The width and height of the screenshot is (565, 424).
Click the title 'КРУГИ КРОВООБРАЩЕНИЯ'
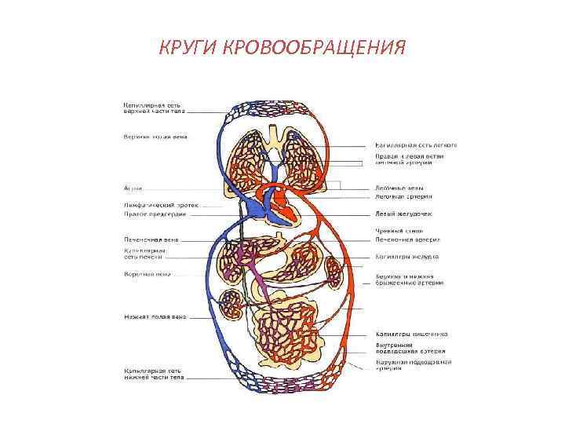(282, 49)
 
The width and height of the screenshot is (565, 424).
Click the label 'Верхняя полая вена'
(155, 135)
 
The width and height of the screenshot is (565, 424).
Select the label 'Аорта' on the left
(133, 188)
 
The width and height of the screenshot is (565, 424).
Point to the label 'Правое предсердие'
(154, 214)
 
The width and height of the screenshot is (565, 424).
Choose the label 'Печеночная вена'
(151, 238)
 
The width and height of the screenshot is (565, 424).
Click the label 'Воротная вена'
(148, 274)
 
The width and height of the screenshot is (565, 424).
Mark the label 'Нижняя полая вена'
(154, 316)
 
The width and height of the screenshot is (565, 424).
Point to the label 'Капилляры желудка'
(406, 257)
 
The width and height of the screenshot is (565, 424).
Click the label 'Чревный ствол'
(399, 231)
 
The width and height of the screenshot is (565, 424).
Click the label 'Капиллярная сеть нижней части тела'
(155, 374)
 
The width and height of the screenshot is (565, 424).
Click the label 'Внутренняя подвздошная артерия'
(410, 349)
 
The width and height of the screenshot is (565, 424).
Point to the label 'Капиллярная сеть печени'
(144, 254)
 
